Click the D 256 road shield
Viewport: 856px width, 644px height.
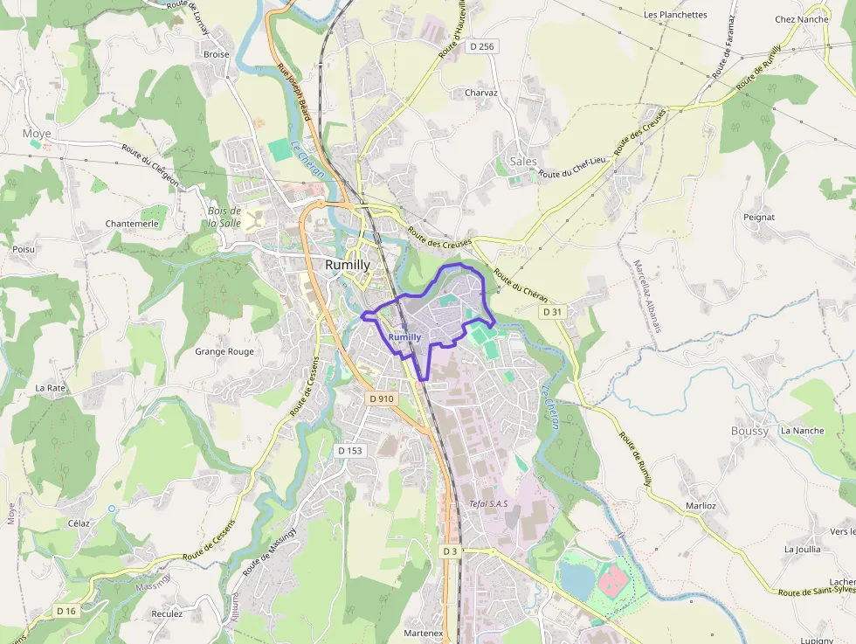click(x=481, y=46)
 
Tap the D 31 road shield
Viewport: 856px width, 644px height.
click(x=552, y=312)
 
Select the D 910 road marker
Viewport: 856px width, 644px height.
click(x=382, y=398)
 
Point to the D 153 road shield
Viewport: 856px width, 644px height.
click(x=349, y=450)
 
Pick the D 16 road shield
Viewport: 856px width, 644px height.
click(x=66, y=611)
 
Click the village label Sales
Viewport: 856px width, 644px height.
click(x=522, y=161)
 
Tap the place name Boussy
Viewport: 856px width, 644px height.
click(x=749, y=431)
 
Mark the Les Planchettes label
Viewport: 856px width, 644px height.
click(x=675, y=15)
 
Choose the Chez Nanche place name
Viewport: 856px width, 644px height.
click(x=801, y=19)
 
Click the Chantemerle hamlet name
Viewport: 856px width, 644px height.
click(x=131, y=224)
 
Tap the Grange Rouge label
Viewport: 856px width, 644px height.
click(x=224, y=352)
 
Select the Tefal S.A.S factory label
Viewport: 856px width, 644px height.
click(x=488, y=503)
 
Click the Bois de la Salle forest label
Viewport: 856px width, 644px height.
click(x=224, y=217)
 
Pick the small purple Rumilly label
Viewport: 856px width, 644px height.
click(x=404, y=337)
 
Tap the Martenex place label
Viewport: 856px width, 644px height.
click(x=424, y=633)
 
